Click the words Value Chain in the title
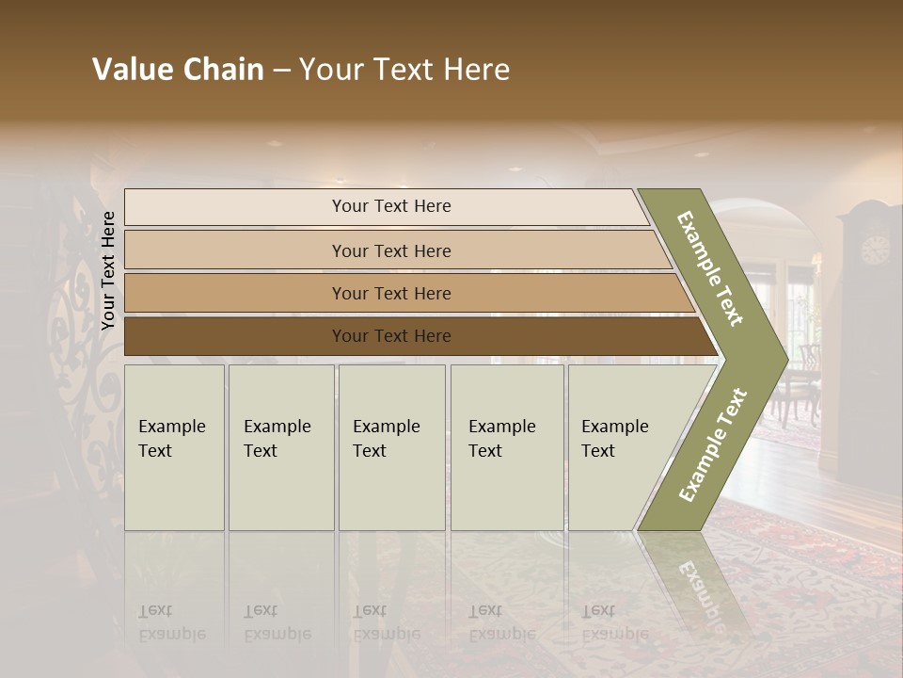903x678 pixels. tap(178, 70)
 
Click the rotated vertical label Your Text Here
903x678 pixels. tap(108, 270)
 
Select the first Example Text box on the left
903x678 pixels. tap(174, 447)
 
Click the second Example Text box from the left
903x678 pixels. tap(281, 447)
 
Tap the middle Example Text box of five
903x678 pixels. tap(391, 447)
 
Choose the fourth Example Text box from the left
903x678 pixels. tap(507, 447)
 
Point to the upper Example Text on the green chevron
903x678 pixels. tap(710, 268)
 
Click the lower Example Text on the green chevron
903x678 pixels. tap(713, 444)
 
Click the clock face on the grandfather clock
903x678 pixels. tap(875, 250)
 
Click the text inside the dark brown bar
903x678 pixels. tap(391, 336)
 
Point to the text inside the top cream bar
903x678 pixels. tap(391, 206)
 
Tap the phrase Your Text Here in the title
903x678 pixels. tap(404, 70)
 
